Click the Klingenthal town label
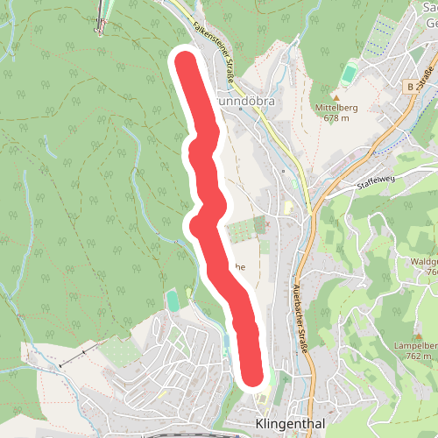(288, 424)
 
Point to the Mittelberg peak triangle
(335, 96)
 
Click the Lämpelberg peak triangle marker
(420, 336)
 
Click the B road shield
(410, 87)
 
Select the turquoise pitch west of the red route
(173, 301)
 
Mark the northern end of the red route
(185, 62)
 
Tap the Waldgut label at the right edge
(421, 261)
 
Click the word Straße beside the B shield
(428, 80)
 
